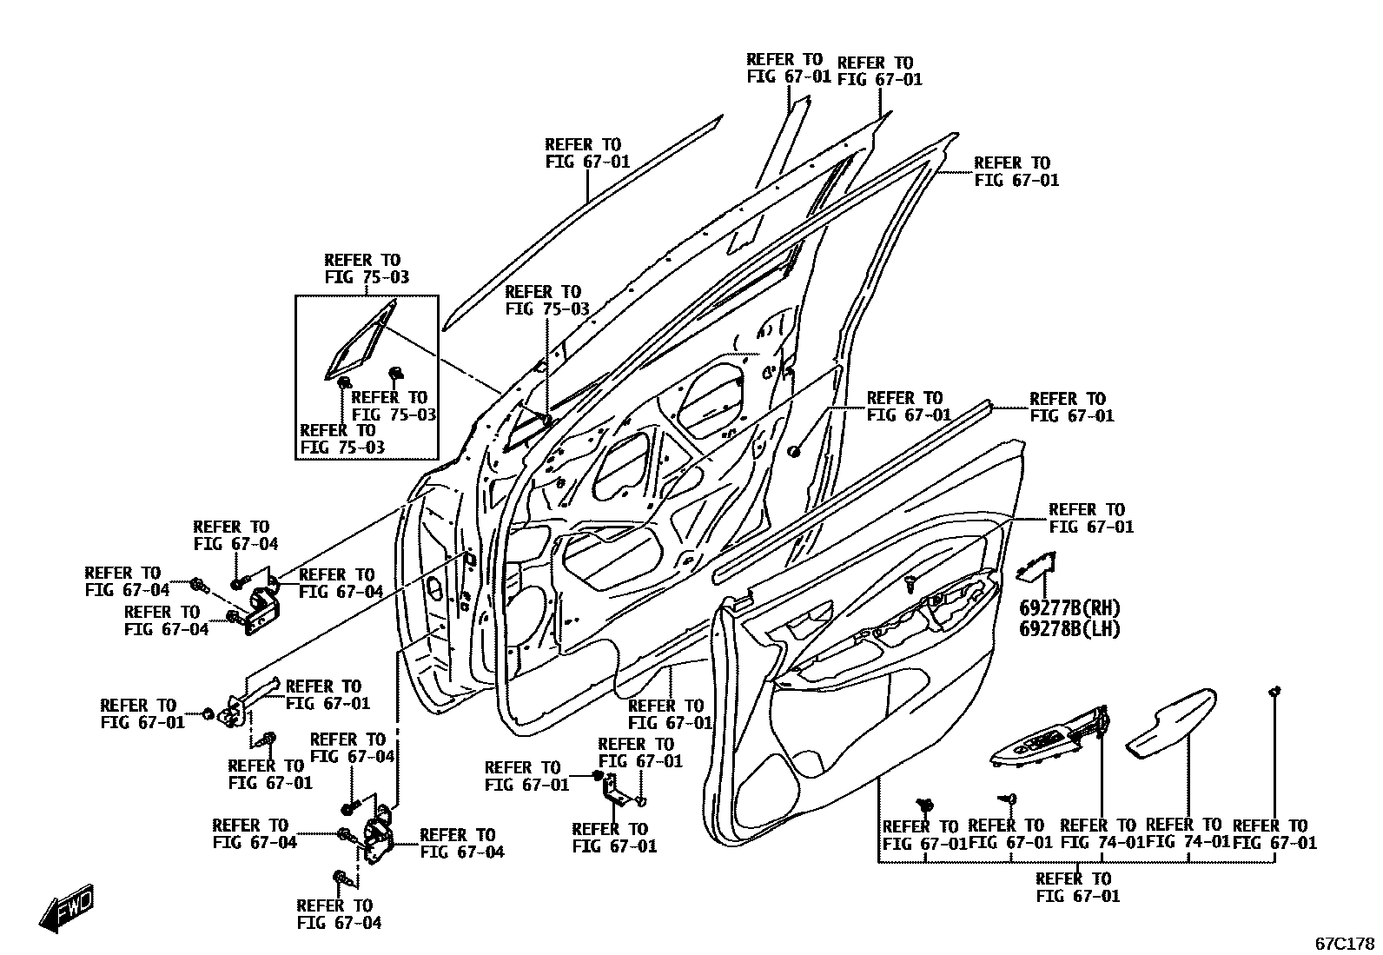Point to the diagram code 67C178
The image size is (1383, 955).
point(1344,943)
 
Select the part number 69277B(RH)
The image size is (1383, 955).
point(1069,608)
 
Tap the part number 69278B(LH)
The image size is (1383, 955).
point(1069,628)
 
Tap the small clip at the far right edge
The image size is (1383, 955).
point(1274,692)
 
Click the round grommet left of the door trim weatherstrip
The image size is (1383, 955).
point(794,451)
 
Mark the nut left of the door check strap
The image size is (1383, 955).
point(208,714)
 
